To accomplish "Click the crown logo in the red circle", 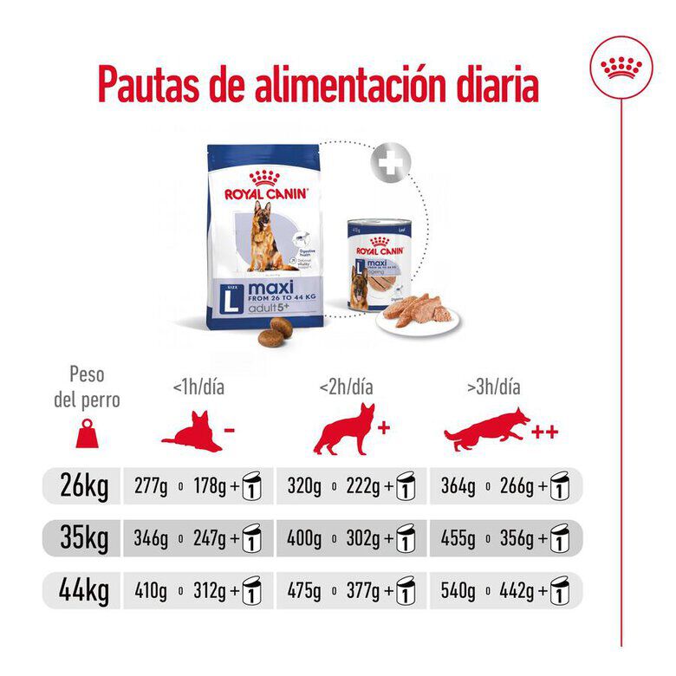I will click(621, 67).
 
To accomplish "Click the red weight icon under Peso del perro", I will click(87, 432).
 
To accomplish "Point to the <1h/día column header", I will click(198, 387).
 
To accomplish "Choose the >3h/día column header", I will click(493, 387).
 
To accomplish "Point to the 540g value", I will click(458, 594).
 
